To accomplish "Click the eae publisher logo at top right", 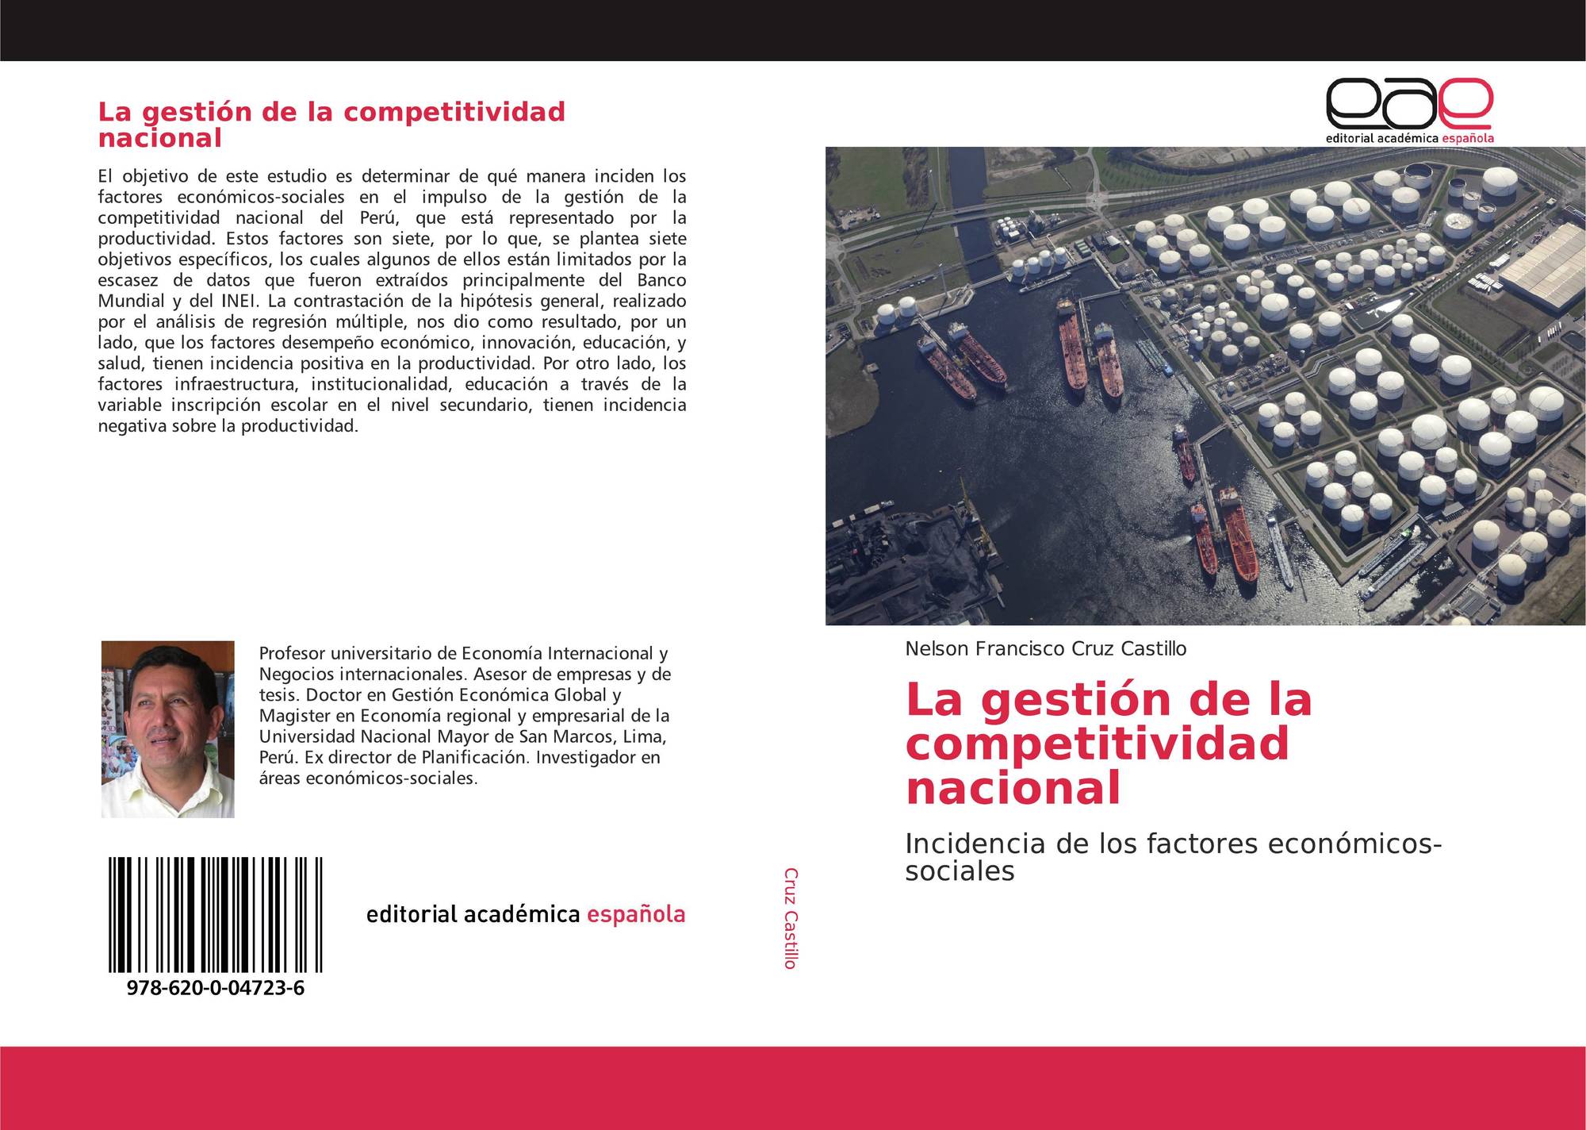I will (x=1409, y=110).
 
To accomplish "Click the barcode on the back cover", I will (x=216, y=914).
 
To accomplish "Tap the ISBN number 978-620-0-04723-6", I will (x=215, y=988).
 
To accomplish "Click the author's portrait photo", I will (x=168, y=729).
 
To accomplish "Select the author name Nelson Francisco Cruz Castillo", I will (x=1046, y=649).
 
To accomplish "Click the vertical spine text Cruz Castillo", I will (x=791, y=918).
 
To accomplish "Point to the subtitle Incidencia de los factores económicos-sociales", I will (x=1173, y=857).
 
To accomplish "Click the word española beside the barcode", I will (x=636, y=915).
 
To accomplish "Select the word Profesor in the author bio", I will (x=292, y=654).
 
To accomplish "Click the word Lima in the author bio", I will (x=646, y=736).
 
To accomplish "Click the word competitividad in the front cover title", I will (x=1098, y=744).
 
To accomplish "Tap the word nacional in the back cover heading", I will (x=159, y=138).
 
